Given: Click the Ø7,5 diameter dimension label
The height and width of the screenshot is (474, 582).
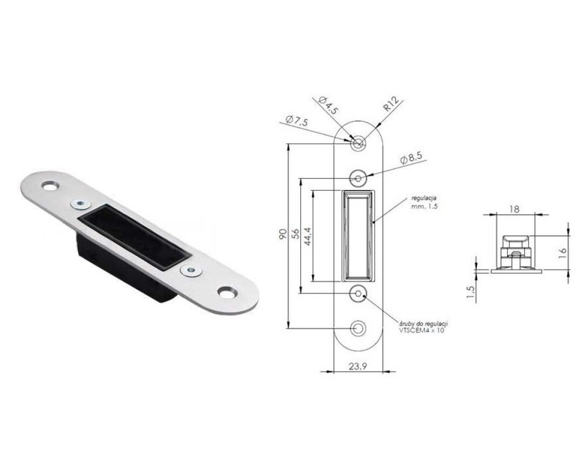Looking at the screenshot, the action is (297, 121).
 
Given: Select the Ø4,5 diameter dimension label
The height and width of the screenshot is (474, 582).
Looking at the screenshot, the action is (328, 106).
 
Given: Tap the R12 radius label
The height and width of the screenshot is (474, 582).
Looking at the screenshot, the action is (391, 103).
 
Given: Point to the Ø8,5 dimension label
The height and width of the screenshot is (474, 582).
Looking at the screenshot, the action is (411, 158).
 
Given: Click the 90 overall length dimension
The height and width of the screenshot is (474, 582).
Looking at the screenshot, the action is (283, 234).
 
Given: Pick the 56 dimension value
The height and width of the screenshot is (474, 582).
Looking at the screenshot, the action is (295, 233).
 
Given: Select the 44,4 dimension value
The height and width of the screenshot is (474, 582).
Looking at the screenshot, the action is (308, 236).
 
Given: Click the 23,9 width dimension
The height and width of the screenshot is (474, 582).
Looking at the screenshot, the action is (358, 367).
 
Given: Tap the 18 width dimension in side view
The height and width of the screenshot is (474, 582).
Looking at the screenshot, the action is (514, 209).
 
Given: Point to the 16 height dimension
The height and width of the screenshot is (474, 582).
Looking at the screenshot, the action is (563, 253).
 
